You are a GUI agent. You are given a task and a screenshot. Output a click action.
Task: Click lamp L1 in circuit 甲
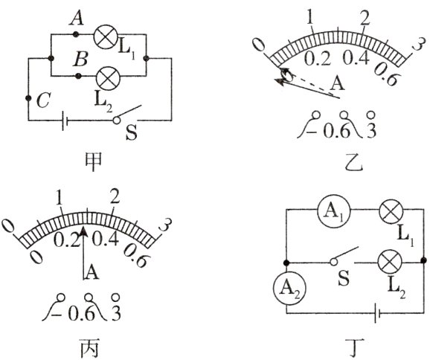[x=106, y=37]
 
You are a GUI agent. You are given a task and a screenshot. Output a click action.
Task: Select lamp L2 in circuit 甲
[x=108, y=78]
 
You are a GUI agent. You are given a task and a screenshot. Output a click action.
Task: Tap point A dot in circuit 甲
[x=76, y=34]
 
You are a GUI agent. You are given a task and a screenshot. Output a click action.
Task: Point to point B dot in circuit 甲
[x=78, y=75]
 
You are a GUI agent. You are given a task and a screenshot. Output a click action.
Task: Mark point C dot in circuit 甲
[x=28, y=98]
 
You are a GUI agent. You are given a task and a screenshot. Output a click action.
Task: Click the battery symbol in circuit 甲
[x=65, y=120]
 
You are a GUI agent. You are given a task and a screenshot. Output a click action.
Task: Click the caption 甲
[x=93, y=161]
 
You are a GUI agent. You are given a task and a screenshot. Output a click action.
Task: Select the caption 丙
[x=89, y=348]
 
